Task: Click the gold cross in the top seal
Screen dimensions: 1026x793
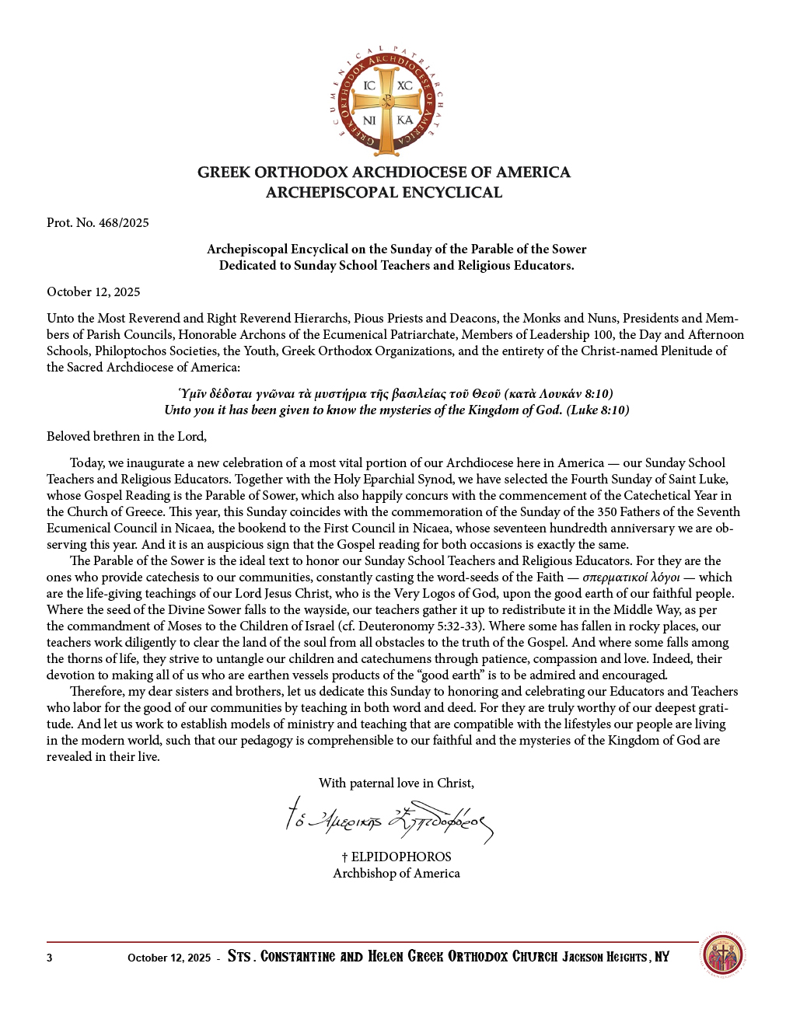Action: pos(386,102)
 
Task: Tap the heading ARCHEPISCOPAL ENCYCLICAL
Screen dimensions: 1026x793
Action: pos(384,193)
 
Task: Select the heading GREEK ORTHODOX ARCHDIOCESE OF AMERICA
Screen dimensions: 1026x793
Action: pos(384,173)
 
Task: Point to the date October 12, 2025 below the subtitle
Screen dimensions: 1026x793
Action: pos(93,292)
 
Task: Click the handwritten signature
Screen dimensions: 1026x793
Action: pos(390,820)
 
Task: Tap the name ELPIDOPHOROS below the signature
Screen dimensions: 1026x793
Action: pos(401,857)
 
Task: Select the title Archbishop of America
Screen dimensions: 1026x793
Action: pos(396,874)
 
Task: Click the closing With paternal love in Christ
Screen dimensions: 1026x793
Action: pos(396,783)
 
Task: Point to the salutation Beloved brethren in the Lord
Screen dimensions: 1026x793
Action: pos(127,437)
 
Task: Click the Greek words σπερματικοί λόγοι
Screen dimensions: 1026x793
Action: pos(631,578)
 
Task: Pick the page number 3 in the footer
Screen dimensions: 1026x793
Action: pos(50,958)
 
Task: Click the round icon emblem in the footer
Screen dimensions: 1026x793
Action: pos(723,955)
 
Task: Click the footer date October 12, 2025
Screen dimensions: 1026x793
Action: pos(169,958)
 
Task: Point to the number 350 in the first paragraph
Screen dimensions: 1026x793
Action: pos(607,512)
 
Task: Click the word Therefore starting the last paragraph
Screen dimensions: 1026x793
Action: pos(96,692)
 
